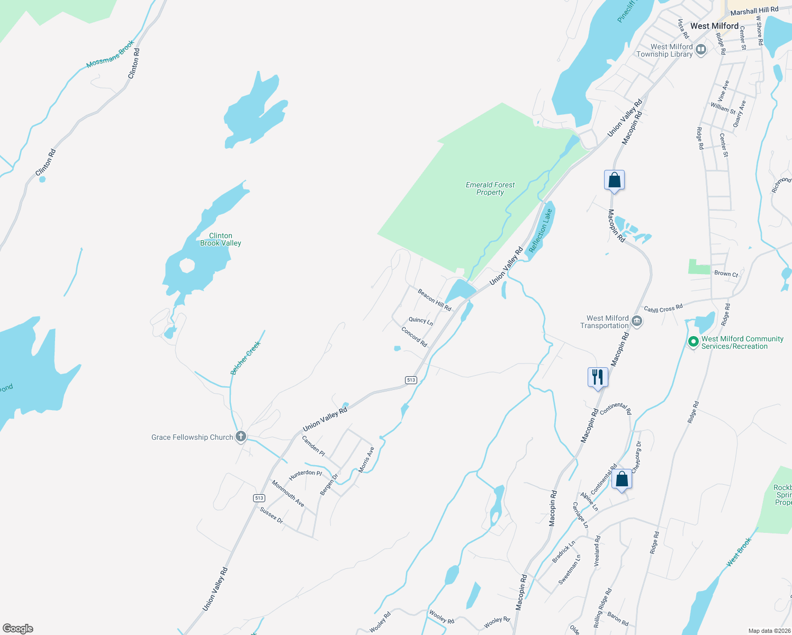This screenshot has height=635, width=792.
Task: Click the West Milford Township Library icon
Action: pos(701,50)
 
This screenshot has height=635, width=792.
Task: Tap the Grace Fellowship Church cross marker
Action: pos(241,437)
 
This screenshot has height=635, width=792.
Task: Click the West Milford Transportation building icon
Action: pos(637,321)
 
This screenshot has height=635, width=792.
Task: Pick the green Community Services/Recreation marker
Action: pos(693,342)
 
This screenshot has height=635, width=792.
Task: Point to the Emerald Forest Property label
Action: pos(490,188)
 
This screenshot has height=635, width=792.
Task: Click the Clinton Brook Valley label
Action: pos(220,239)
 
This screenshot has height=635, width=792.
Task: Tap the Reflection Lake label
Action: pos(541,230)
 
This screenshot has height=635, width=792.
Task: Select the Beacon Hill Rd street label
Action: pos(434,300)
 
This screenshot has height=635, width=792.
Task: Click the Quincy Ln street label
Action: pos(420,321)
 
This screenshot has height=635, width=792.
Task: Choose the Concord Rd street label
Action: pos(414,337)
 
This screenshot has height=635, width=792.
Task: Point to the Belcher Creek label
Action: pos(246,358)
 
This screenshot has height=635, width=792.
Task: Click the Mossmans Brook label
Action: pos(110,54)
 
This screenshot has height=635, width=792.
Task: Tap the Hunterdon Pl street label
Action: pos(305,475)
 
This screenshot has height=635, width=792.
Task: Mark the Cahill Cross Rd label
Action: pos(663,309)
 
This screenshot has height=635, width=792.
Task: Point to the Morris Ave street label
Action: pos(366,459)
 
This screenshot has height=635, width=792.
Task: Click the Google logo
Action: pos(18,628)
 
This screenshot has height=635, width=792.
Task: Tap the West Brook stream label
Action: pos(739,552)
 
